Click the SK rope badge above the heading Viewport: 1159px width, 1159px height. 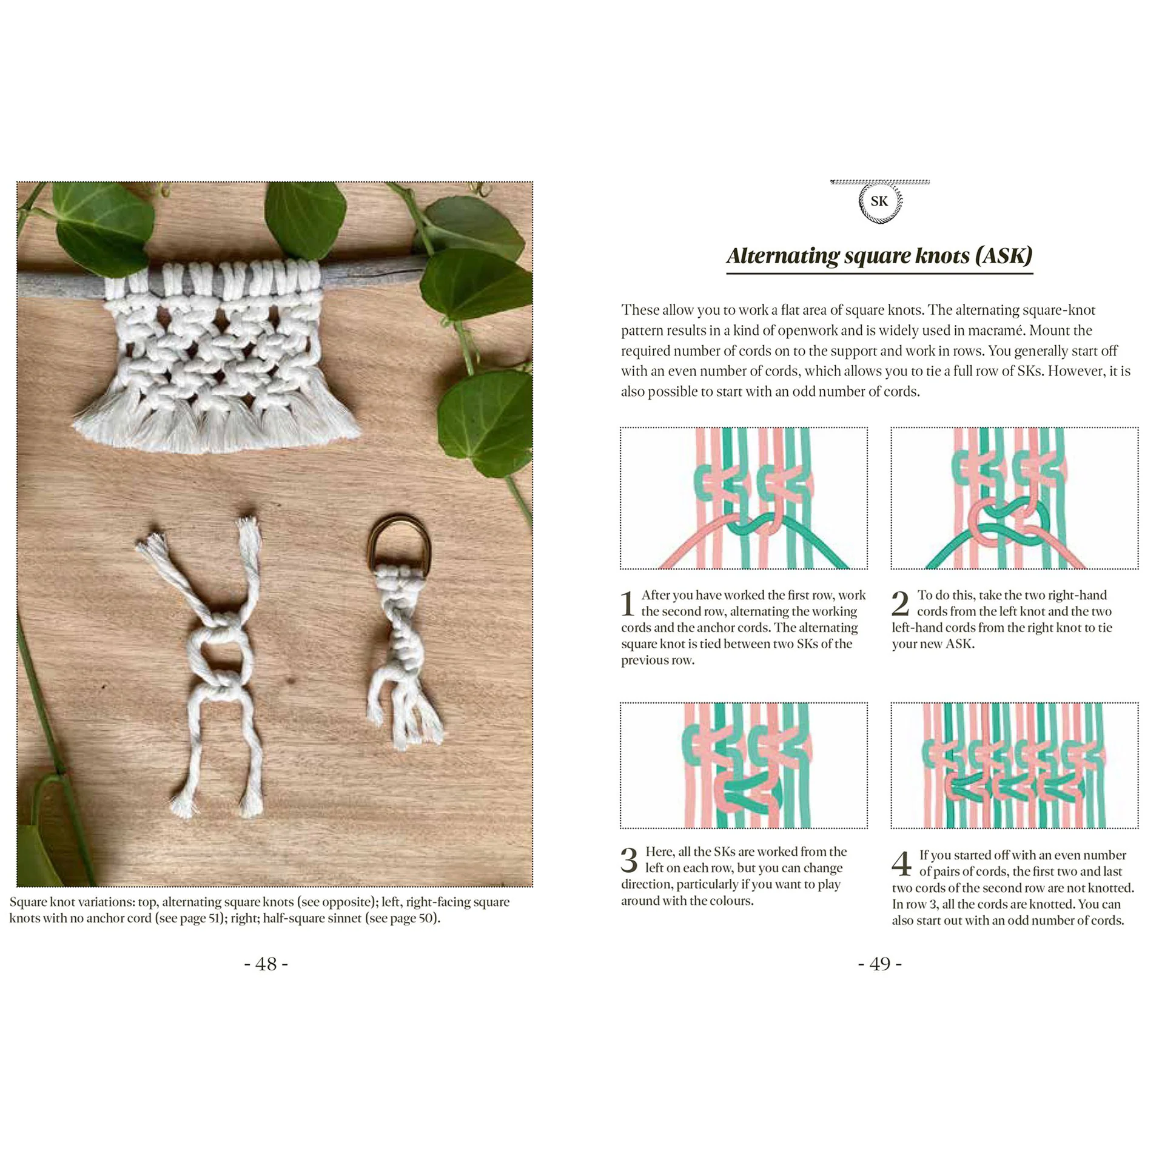point(879,202)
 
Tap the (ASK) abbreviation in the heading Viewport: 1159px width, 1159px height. point(1003,256)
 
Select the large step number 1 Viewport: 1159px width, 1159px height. point(628,603)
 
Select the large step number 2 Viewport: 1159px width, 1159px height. point(900,603)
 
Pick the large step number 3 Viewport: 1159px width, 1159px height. point(629,860)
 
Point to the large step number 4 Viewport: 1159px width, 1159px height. point(901,864)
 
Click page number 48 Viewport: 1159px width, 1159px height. point(266,964)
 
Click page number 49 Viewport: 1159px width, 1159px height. point(879,964)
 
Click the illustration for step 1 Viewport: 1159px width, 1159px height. point(744,498)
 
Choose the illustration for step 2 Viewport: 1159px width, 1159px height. point(1014,498)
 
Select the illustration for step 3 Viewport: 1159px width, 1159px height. point(744,765)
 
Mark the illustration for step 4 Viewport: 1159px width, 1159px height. point(1014,765)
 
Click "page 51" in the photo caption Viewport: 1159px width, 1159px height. point(198,918)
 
